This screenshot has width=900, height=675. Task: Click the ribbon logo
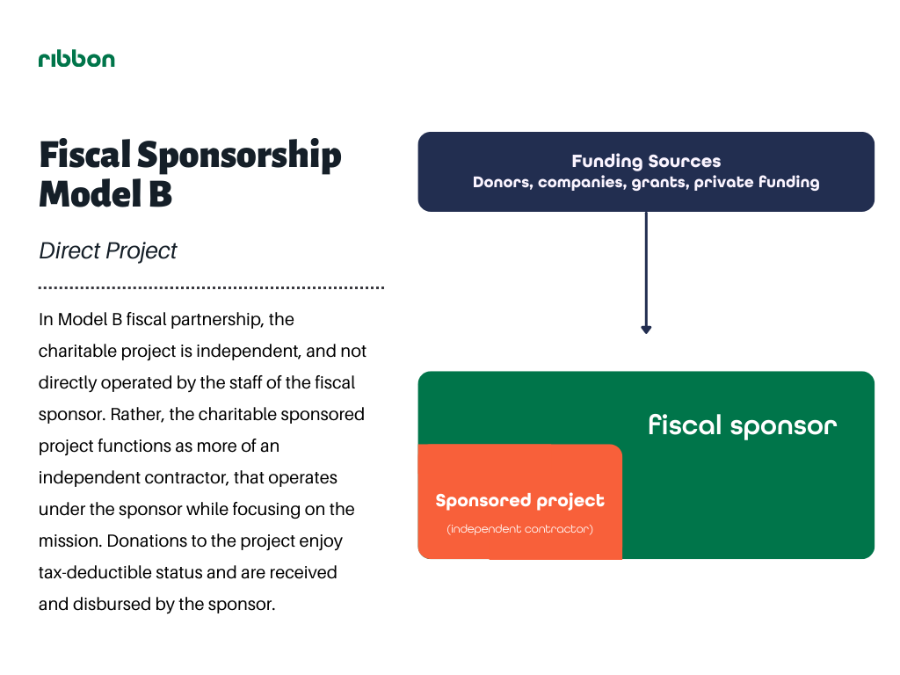point(76,59)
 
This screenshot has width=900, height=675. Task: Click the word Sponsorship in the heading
point(239,156)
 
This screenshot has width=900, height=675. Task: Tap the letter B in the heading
point(160,193)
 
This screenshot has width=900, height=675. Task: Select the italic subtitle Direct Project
point(108,250)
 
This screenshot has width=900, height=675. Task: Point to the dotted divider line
point(211,287)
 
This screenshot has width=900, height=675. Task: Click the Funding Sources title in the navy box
point(646,162)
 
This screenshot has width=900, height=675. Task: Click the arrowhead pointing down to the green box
point(646,330)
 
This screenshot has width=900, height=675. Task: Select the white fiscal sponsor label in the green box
point(742,425)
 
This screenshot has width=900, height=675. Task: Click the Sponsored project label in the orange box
point(520,500)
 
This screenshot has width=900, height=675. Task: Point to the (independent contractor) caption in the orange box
point(520,528)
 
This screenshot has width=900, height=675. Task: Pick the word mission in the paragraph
point(70,541)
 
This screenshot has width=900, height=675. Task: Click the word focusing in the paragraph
point(259,510)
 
